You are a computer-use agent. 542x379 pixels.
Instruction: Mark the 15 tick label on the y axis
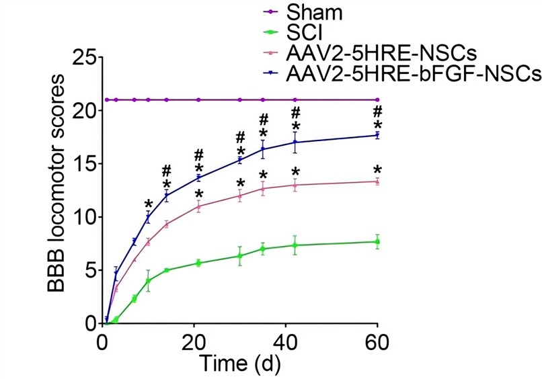coord(86,164)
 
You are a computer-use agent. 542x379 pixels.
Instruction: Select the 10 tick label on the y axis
coord(86,217)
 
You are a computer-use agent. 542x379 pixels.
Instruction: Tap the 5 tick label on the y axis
coord(91,271)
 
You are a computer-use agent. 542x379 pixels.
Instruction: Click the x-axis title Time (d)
coord(240,365)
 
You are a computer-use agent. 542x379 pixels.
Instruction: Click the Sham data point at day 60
coord(377,100)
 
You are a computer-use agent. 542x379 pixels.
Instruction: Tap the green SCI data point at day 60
coord(377,242)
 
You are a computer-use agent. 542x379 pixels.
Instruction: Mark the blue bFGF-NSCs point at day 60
coord(377,135)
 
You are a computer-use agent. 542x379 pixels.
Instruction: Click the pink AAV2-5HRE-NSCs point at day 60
coord(377,181)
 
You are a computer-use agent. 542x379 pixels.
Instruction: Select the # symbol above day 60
coord(378,111)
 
